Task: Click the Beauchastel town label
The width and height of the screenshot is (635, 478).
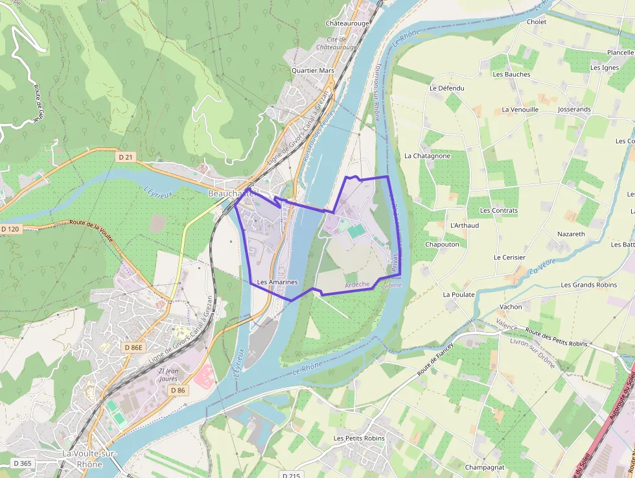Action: (232, 194)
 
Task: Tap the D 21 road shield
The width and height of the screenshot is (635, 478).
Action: (126, 157)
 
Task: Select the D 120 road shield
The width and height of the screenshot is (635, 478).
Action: (11, 229)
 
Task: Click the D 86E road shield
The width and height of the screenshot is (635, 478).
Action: (132, 348)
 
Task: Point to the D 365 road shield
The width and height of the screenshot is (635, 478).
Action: (22, 463)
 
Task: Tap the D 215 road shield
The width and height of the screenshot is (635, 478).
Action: (293, 475)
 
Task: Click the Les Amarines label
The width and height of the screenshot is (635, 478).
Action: (277, 282)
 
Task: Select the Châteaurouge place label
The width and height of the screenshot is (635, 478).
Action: (347, 23)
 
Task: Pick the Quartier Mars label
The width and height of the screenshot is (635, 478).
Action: (312, 70)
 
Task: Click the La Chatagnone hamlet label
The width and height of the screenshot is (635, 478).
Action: (427, 156)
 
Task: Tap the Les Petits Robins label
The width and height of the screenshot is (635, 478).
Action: (359, 438)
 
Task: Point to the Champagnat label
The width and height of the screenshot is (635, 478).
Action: (484, 467)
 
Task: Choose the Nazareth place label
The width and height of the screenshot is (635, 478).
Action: (571, 233)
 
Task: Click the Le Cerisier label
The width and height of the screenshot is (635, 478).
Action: (509, 257)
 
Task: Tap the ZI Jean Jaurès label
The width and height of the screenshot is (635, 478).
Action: (163, 375)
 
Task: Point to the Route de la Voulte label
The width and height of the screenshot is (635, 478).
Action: (91, 230)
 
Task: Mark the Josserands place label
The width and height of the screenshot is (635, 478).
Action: (574, 110)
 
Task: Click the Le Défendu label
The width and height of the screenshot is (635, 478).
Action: (446, 88)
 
